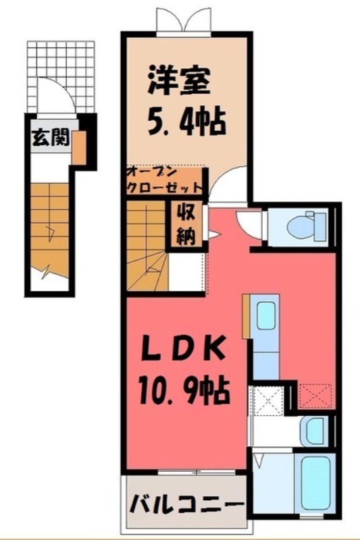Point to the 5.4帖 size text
(x=184, y=124)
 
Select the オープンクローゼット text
(x=165, y=180)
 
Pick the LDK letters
(x=182, y=351)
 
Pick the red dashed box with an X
(x=315, y=394)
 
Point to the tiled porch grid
(x=61, y=67)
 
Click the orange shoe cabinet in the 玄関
(x=78, y=148)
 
